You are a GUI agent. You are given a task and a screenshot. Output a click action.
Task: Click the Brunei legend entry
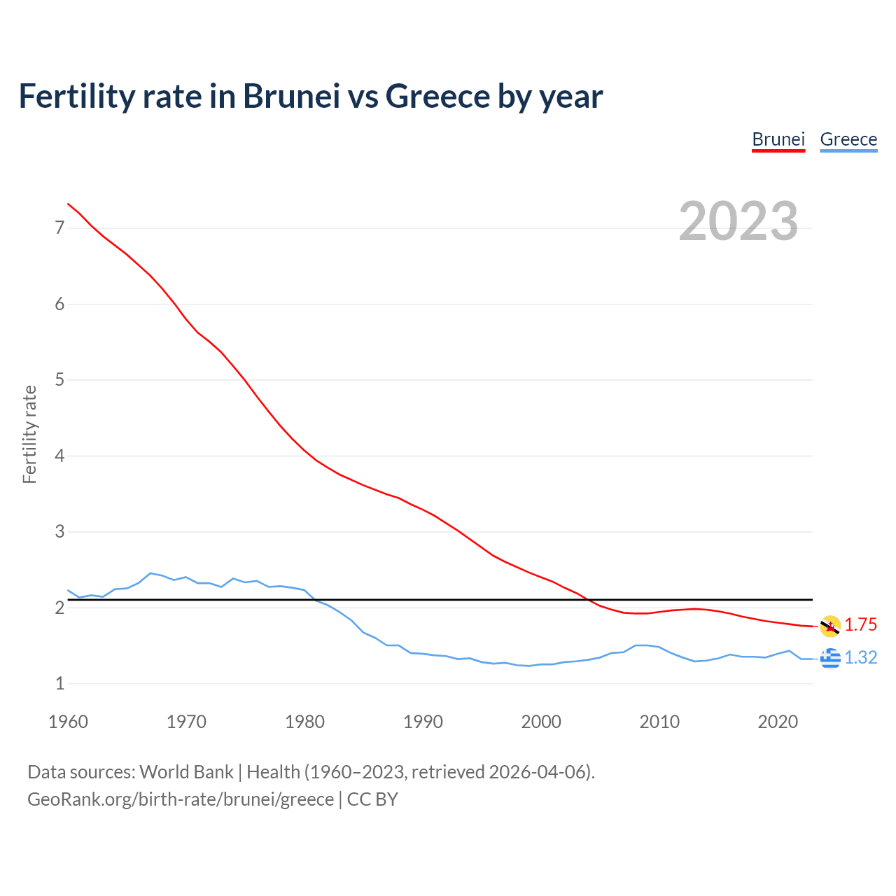778,139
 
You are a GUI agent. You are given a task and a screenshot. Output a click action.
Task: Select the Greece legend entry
848,139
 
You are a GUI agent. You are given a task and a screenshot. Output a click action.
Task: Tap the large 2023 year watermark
738,221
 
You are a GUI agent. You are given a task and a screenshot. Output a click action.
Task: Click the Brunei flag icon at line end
830,626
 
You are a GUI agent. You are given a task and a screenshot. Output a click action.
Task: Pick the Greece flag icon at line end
830,658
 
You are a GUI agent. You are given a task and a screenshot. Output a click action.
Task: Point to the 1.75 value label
860,625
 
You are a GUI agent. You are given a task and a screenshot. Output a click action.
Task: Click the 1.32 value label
860,658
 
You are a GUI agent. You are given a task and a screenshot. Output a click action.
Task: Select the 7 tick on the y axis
59,228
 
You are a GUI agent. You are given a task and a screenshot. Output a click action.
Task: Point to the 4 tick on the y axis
59,456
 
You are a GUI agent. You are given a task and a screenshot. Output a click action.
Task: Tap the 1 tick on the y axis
59,684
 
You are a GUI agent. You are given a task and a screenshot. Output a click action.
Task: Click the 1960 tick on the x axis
68,722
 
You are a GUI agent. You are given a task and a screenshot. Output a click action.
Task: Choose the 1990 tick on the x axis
423,722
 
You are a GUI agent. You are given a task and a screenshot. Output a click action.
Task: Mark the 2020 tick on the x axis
778,722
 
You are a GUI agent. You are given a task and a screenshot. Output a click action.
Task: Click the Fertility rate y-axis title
29,434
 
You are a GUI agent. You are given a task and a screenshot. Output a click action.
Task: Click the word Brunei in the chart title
291,97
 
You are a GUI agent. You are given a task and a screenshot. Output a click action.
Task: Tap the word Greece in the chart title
437,97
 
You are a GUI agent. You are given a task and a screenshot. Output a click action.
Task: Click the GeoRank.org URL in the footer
181,799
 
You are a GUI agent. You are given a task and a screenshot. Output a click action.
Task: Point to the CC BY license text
372,799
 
